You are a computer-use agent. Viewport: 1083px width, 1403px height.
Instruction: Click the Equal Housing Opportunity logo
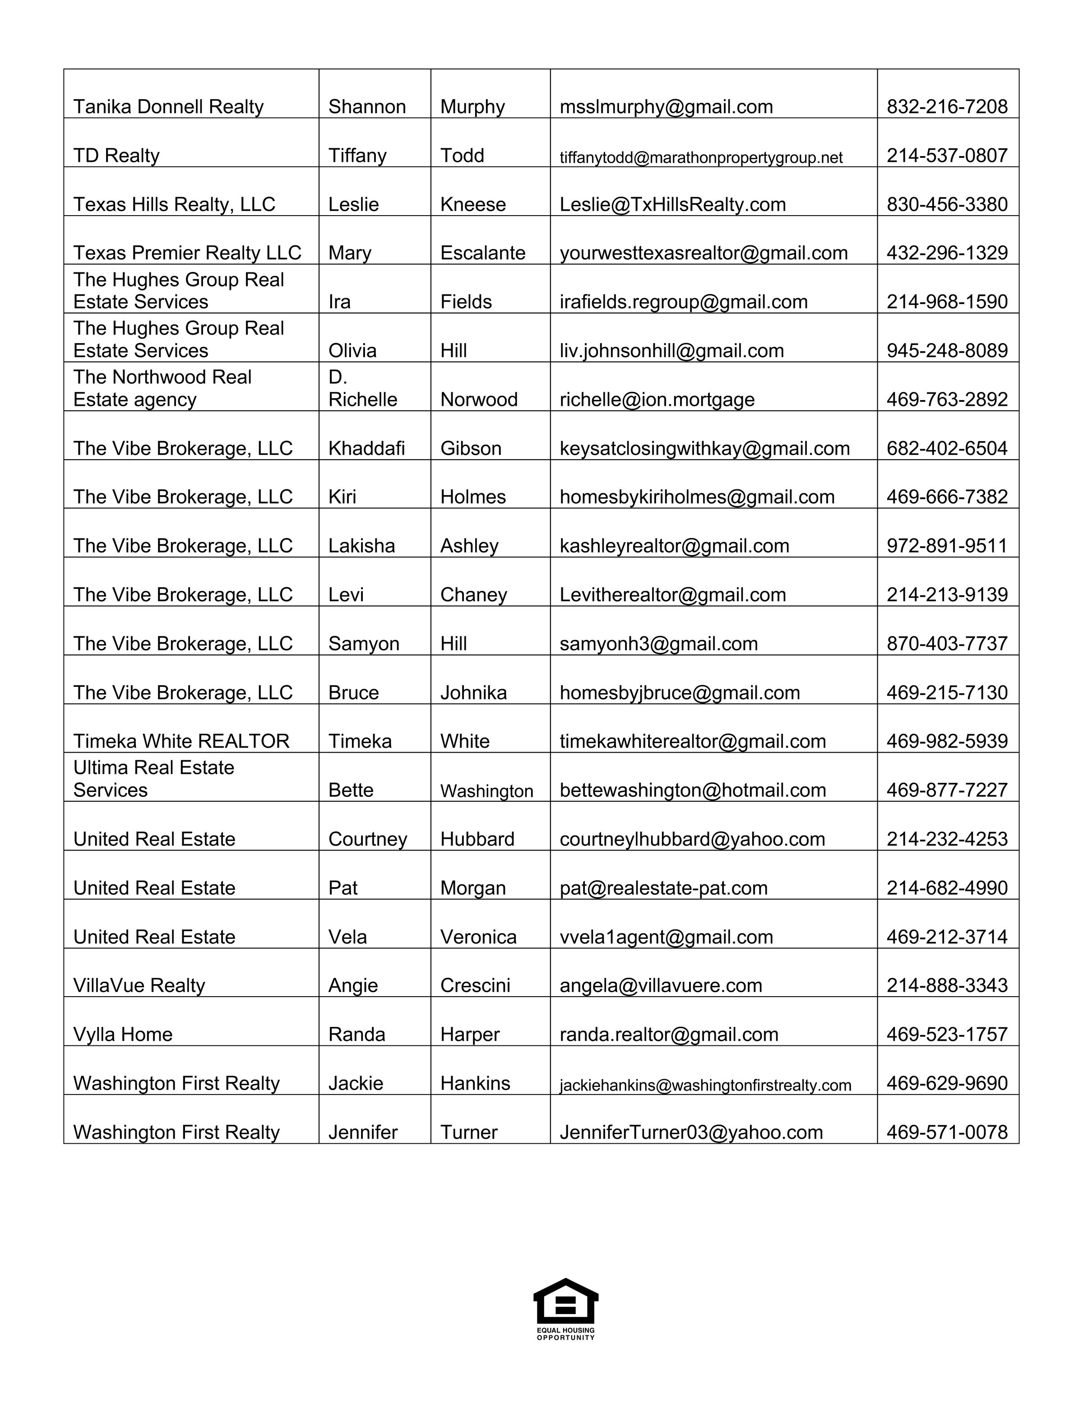(565, 1308)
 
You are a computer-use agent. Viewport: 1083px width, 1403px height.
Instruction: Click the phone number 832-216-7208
(947, 106)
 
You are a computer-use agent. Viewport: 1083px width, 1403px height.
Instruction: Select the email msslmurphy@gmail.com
(666, 106)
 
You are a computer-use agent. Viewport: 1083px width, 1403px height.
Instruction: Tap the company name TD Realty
(116, 156)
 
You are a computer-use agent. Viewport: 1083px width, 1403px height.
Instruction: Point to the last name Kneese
(472, 204)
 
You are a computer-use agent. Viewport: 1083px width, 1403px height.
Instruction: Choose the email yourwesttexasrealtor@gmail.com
(703, 253)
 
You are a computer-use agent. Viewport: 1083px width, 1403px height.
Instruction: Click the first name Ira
(339, 302)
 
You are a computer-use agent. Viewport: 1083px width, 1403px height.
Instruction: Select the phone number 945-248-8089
(947, 351)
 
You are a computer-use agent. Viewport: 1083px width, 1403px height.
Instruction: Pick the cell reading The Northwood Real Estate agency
(162, 388)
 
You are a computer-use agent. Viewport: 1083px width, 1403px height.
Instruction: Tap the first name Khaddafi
(366, 448)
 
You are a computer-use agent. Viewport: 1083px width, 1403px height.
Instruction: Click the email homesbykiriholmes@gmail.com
(697, 497)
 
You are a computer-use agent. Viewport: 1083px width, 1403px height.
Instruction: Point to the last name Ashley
(469, 546)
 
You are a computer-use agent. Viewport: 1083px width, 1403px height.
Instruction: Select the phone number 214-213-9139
(947, 595)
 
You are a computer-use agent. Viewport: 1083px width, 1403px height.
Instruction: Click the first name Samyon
(364, 644)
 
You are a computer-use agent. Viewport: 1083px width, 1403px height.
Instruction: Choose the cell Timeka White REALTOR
(181, 741)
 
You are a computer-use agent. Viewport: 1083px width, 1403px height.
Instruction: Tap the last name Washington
(486, 791)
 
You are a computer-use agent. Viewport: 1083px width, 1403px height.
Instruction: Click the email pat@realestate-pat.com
(663, 888)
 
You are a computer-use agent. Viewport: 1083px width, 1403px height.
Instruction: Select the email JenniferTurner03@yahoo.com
(691, 1132)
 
